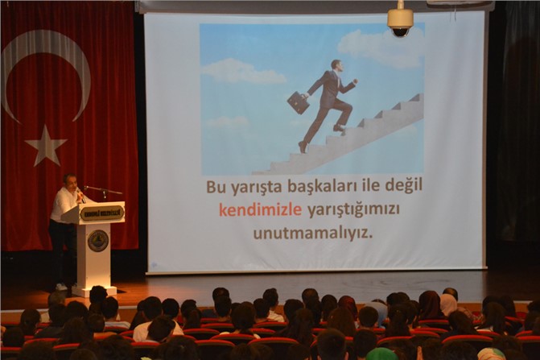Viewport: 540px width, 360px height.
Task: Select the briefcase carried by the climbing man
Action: (299, 102)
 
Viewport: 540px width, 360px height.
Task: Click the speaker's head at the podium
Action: (70, 181)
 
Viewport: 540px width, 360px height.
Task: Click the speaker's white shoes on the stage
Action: (62, 287)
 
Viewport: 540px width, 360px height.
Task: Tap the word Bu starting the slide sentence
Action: (213, 187)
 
